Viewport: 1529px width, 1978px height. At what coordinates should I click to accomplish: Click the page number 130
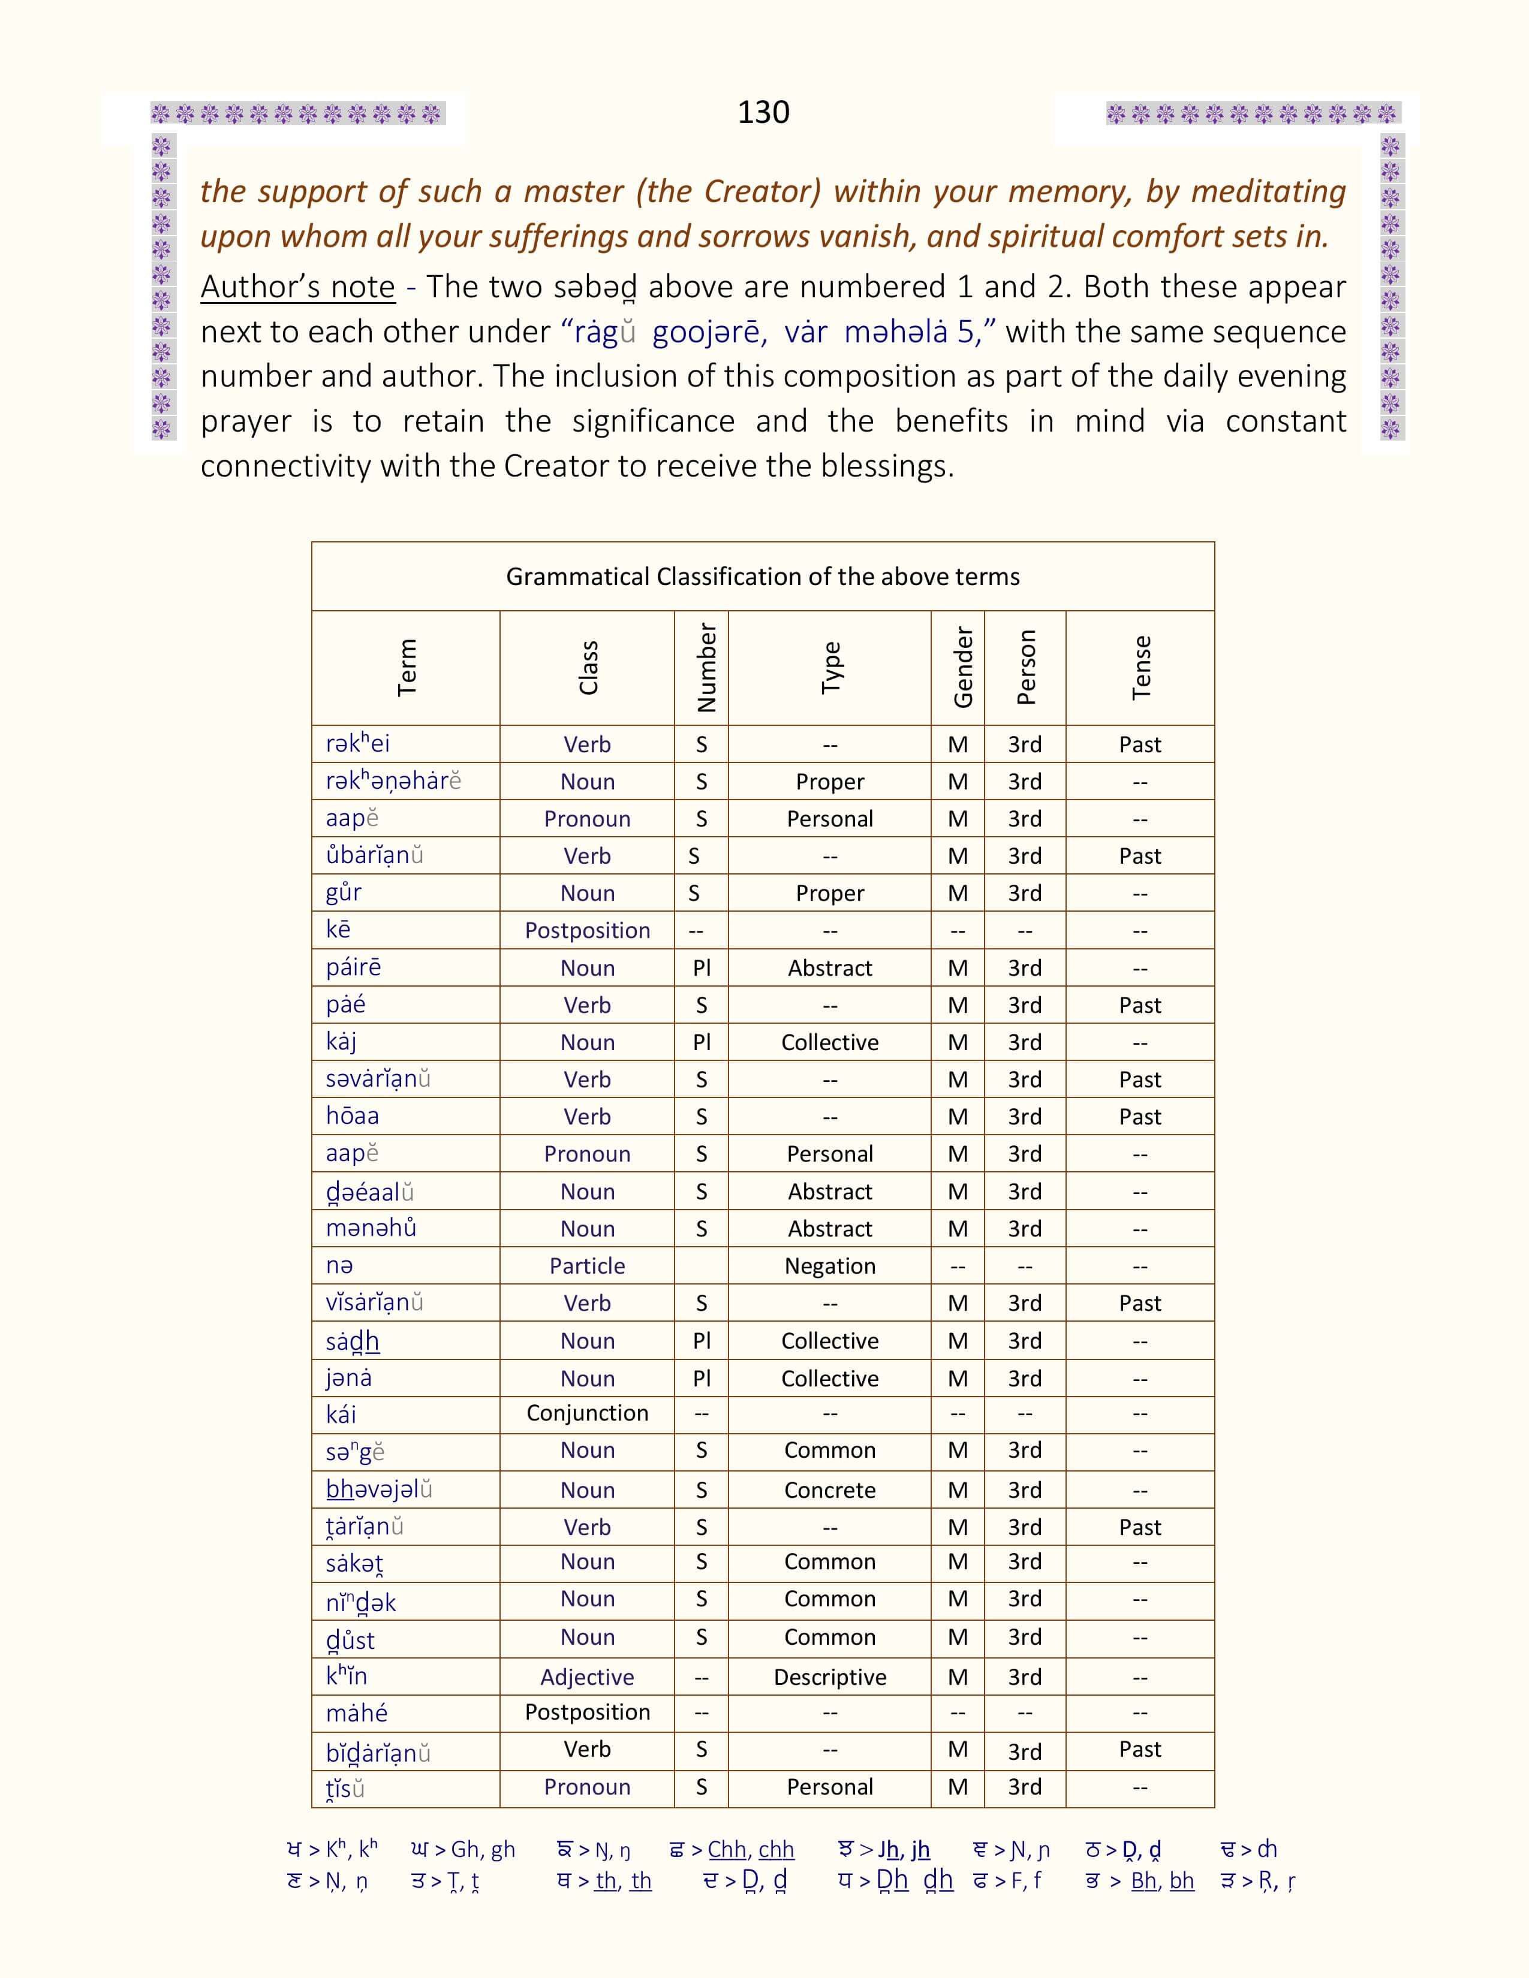pos(763,112)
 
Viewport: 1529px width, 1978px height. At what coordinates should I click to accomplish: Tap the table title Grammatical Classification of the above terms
pos(763,577)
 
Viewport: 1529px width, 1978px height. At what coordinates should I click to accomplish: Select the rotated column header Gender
pos(963,668)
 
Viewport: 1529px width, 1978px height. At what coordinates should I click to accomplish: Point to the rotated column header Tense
pos(1140,668)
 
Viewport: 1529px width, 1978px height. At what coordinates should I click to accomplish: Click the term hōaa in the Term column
pos(353,1116)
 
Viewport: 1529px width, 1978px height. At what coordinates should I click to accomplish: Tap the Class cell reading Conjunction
pos(587,1413)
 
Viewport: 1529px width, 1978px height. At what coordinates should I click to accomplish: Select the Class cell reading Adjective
pos(587,1677)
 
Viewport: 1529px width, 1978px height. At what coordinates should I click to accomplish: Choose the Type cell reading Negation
pos(830,1265)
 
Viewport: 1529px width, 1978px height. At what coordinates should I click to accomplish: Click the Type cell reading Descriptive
pos(830,1677)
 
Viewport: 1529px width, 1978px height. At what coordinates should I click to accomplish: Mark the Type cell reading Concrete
pos(830,1490)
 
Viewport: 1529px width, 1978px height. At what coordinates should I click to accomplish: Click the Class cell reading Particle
pos(587,1265)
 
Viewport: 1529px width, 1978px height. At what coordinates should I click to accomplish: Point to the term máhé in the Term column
pos(357,1712)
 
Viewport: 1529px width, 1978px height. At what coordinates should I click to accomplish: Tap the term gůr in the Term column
pos(344,892)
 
